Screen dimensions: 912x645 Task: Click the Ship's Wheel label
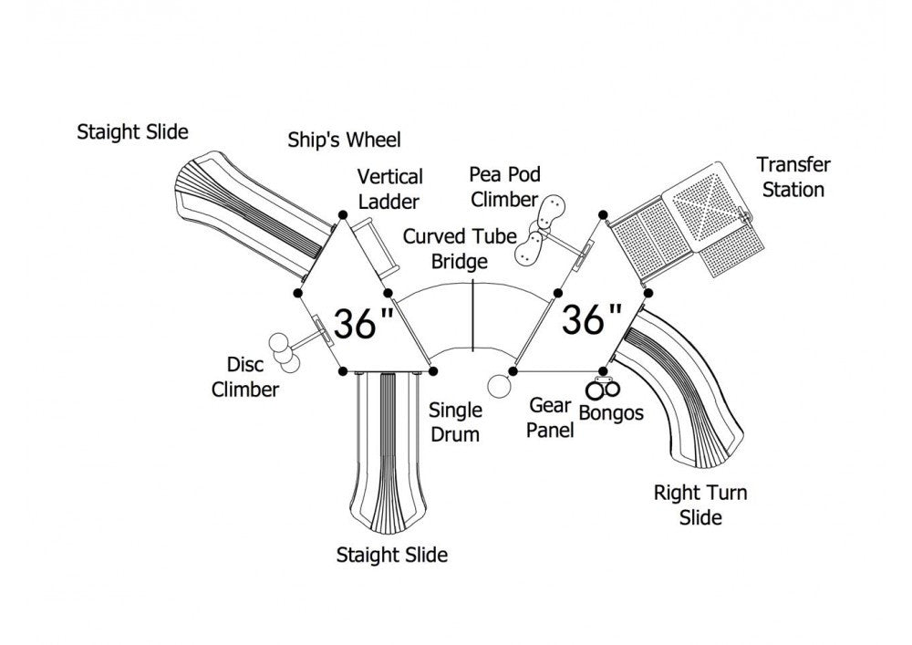point(345,140)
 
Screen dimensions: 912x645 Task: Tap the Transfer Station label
point(793,177)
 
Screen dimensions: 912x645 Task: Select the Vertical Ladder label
point(389,189)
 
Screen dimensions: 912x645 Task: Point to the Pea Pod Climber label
point(505,187)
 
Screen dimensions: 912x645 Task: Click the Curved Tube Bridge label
point(460,249)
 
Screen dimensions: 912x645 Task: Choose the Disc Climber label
point(244,377)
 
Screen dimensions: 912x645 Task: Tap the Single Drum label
point(455,422)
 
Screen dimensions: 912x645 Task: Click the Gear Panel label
point(550,417)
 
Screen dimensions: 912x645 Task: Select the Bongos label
point(611,413)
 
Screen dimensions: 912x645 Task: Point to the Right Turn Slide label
point(700,505)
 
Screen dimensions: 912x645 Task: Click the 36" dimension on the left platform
point(364,323)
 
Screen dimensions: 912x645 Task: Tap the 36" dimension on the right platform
point(591,318)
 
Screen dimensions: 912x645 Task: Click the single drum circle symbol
point(499,386)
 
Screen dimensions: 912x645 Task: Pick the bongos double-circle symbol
point(603,388)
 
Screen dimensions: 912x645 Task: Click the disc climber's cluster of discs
point(284,352)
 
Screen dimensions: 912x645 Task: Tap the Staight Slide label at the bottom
point(392,555)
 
